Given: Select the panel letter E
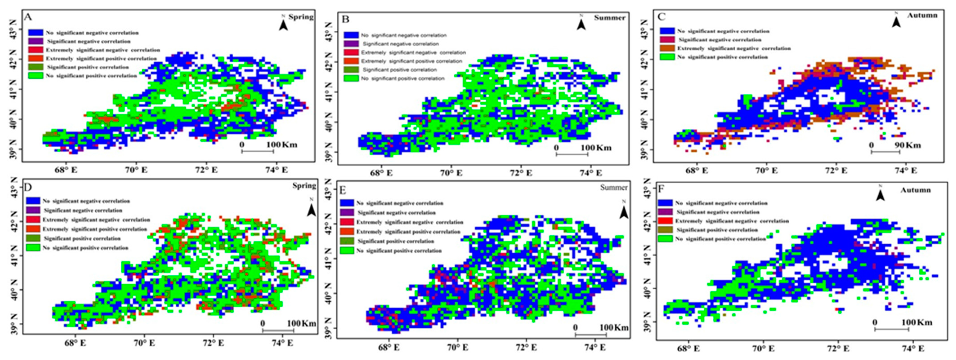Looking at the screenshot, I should click(343, 190).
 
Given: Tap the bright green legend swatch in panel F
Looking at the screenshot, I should click(665, 239).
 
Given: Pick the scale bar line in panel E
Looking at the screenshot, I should click(591, 334).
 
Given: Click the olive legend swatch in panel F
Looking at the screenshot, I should click(665, 230).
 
